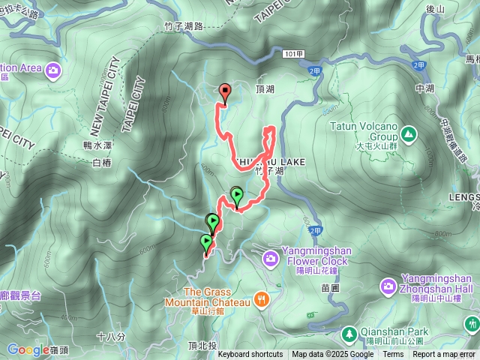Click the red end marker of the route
pyautogui.click(x=225, y=91)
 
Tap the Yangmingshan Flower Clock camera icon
pyautogui.click(x=270, y=259)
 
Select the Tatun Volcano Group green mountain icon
pyautogui.click(x=408, y=134)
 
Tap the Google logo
pyautogui.click(x=28, y=349)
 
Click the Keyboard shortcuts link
pyautogui.click(x=250, y=355)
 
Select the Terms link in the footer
pyautogui.click(x=393, y=355)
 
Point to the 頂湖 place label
pyautogui.click(x=265, y=88)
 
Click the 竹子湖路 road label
pyautogui.click(x=183, y=26)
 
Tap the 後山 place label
pyautogui.click(x=435, y=8)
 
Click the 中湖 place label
pyautogui.click(x=424, y=88)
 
